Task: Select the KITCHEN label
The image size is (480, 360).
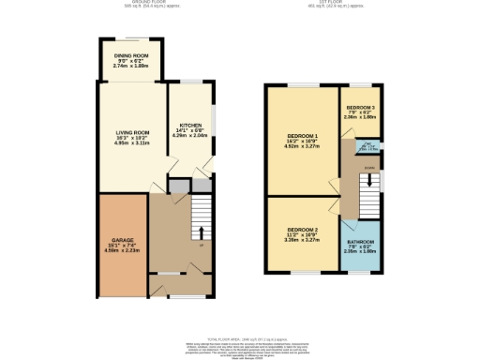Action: pos(187,126)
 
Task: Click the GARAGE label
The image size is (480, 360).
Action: pos(123,240)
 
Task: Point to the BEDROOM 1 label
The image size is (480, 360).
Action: pos(303,136)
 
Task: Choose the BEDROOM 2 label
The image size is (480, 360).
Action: pos(303,230)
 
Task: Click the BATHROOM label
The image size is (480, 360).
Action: pos(357,242)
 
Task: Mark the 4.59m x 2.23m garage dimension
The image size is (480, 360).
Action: pos(123,251)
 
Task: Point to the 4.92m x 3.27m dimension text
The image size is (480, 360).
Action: pos(303,147)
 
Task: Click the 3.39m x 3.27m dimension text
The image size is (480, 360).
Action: pos(303,240)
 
